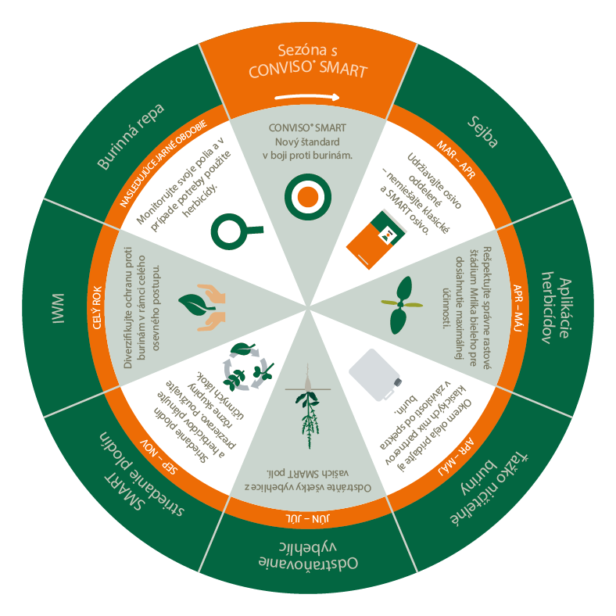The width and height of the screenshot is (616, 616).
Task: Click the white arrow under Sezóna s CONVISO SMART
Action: pyautogui.click(x=308, y=98)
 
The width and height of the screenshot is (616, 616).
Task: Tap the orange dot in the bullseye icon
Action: pyautogui.click(x=307, y=195)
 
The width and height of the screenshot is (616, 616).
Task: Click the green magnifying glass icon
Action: pyautogui.click(x=235, y=229)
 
